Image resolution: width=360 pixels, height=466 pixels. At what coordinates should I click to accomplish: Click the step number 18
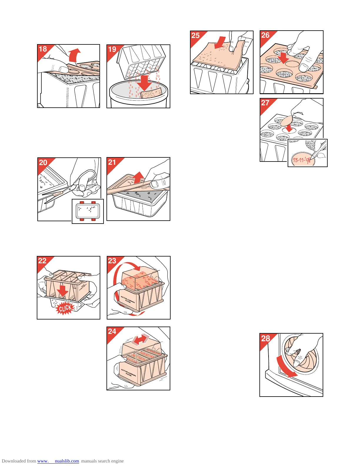click(43, 49)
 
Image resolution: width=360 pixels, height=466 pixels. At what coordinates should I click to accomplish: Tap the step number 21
click(112, 162)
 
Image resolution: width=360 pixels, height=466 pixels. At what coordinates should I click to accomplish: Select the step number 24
click(112, 331)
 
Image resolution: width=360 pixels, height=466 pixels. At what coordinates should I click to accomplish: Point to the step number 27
click(265, 103)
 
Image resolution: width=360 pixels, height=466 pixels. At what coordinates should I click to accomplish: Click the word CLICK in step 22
click(65, 308)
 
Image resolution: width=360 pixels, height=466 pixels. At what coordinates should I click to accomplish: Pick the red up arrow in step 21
click(138, 178)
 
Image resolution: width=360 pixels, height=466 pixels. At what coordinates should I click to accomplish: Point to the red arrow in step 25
click(220, 43)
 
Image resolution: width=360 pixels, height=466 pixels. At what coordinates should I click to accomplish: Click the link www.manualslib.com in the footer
click(58, 461)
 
